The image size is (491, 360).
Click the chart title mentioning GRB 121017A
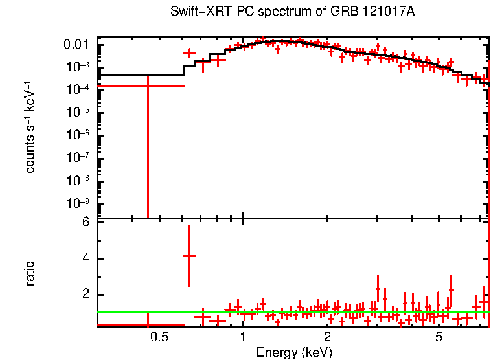291,12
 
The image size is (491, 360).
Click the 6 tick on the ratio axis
85,222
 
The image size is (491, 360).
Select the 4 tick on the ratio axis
85,258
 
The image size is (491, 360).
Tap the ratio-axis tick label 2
85,295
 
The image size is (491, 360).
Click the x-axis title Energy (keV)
294,352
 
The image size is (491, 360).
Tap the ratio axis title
30,273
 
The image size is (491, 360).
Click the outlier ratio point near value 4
189,256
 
